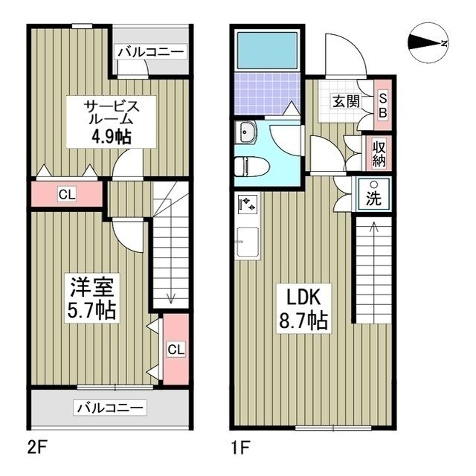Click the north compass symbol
428,43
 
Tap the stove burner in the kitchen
248,203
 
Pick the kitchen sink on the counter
248,242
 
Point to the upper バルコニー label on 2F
151,53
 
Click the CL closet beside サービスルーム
67,195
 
